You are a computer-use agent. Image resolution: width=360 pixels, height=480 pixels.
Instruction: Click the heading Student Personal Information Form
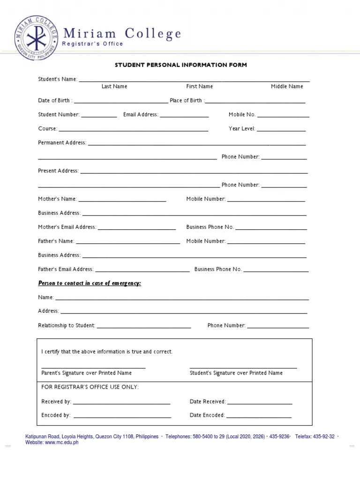point(181,65)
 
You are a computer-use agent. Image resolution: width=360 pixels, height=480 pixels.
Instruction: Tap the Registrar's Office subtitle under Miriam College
point(93,44)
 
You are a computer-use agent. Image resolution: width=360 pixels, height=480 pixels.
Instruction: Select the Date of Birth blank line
point(120,101)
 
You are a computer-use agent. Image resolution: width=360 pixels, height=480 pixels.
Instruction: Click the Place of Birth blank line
point(255,101)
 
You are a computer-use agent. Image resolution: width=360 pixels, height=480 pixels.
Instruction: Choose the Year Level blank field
point(281,129)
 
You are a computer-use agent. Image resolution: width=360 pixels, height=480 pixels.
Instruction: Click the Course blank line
point(133,129)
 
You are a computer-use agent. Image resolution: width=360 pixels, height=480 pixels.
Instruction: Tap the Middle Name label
point(287,87)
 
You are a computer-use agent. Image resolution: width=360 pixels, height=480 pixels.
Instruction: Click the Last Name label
point(114,87)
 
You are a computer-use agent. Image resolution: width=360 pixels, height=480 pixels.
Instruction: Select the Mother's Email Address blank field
point(136,228)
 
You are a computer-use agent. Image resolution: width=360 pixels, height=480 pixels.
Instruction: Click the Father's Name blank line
point(127,242)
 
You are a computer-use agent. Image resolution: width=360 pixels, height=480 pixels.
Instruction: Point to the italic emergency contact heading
point(90,284)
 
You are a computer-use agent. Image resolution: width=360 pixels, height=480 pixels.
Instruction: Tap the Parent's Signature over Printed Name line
point(93,368)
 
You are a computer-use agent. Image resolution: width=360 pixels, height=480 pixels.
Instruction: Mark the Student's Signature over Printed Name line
point(243,368)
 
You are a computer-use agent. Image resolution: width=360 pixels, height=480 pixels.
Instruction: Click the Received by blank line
point(121,403)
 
